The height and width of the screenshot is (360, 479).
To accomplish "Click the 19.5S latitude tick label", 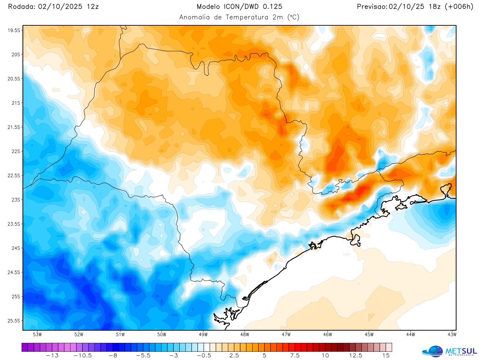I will pos(14,30).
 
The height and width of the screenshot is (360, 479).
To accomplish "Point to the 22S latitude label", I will pos(16,151).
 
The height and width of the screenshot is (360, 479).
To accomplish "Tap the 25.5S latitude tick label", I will pos(14,321).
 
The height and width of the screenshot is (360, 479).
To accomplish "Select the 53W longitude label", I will pos(37,334).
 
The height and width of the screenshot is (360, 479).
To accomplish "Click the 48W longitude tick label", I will pos(245,334).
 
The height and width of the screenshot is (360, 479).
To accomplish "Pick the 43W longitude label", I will pos(452,334).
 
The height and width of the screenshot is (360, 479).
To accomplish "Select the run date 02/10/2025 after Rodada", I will pos(60,7).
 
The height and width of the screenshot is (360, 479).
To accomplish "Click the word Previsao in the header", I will pos(372,7).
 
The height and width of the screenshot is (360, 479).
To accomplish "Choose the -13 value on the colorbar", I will pos(52,356).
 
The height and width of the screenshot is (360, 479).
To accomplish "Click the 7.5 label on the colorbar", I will pos(295,356).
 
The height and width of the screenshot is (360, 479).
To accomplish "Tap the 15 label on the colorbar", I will pos(386,356).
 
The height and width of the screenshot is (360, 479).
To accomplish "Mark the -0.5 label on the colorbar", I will pos(204,356).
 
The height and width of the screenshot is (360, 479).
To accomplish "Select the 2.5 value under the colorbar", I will pos(234,356).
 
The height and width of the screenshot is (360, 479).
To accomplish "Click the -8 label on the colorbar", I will pos(113,356).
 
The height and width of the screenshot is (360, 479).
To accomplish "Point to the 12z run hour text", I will pos(92,7).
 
